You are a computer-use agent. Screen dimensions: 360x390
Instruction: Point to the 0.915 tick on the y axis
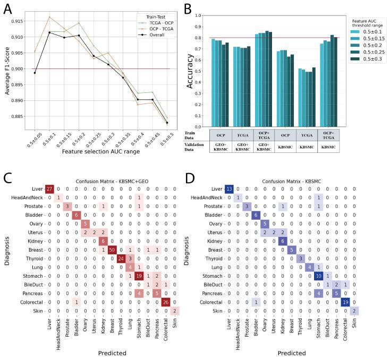[x=19, y=21]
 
